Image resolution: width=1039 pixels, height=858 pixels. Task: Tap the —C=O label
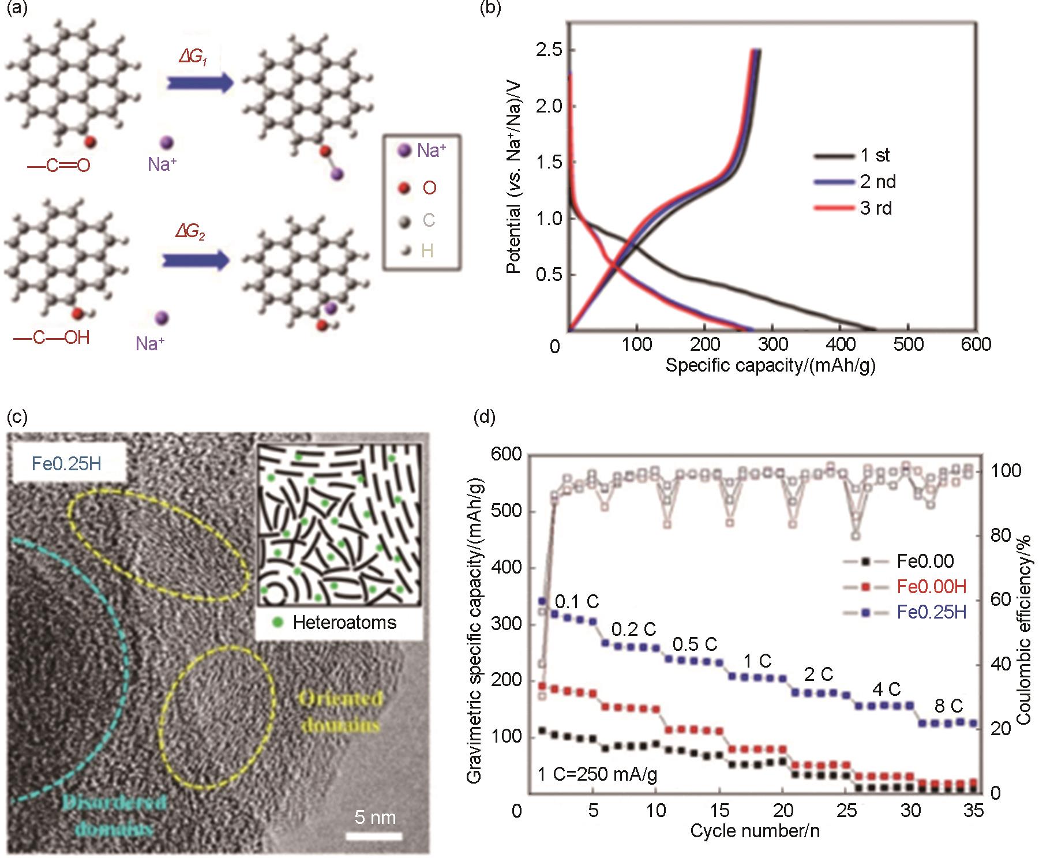click(x=59, y=166)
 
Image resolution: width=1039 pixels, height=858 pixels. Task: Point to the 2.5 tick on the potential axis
click(x=549, y=50)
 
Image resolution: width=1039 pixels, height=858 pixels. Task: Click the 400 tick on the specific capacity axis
click(x=840, y=344)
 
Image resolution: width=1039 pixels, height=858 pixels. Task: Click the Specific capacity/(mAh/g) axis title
click(x=770, y=365)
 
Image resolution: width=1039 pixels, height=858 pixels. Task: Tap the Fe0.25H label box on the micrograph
click(x=66, y=463)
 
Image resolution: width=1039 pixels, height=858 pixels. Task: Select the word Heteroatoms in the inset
click(x=344, y=623)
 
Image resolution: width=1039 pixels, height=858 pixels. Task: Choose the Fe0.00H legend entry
click(x=931, y=587)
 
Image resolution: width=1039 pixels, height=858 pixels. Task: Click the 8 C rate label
click(x=948, y=706)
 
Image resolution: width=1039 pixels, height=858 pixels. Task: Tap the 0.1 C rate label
click(x=577, y=602)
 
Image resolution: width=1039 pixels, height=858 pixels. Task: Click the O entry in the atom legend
click(x=429, y=188)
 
